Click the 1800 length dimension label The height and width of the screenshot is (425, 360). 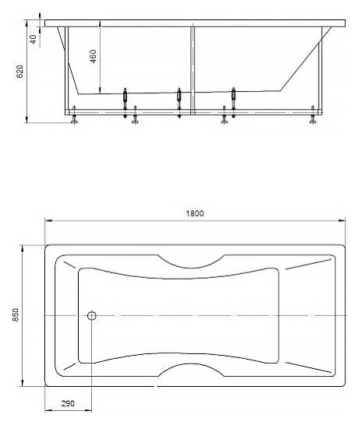click(x=195, y=213)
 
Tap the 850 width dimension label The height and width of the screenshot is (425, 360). click(x=16, y=314)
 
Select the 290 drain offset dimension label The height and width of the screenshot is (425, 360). click(x=68, y=403)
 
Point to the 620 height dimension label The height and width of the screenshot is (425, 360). click(x=20, y=72)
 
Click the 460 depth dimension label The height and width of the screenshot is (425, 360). click(x=93, y=56)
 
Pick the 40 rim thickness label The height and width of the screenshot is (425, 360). click(x=33, y=39)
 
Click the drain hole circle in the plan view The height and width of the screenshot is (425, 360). click(x=92, y=315)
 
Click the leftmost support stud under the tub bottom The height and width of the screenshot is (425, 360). click(x=125, y=103)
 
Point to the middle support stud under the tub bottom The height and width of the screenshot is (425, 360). click(x=179, y=103)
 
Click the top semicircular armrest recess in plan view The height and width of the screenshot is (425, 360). click(x=191, y=264)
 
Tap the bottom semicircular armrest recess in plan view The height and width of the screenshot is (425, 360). click(x=191, y=367)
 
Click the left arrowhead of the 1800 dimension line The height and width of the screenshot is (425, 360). click(x=48, y=220)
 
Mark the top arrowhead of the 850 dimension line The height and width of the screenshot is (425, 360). click(x=23, y=248)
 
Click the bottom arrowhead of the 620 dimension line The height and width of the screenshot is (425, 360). click(x=26, y=120)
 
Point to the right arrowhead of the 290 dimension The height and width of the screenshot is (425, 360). click(x=89, y=411)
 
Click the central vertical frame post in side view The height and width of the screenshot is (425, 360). click(x=192, y=70)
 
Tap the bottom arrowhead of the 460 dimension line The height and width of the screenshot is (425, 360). click(x=100, y=90)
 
